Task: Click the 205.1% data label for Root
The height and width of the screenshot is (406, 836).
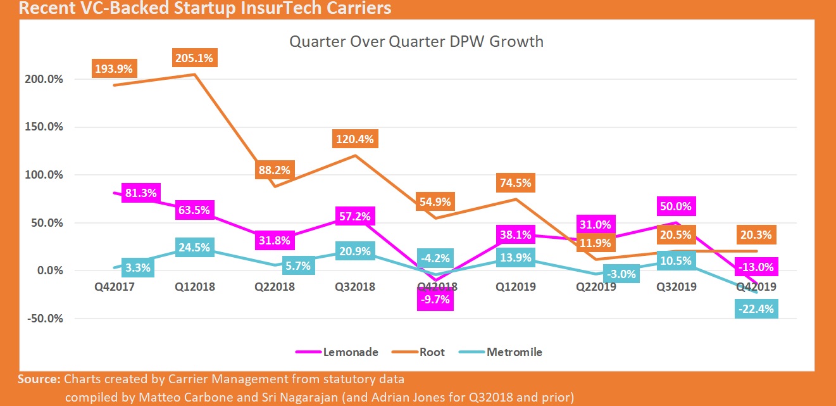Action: click(x=194, y=58)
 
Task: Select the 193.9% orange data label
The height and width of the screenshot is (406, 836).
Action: click(x=114, y=68)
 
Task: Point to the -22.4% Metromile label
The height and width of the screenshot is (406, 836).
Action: click(x=758, y=308)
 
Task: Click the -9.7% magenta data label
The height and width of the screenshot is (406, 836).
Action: click(x=435, y=300)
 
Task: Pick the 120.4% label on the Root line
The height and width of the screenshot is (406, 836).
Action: click(x=355, y=139)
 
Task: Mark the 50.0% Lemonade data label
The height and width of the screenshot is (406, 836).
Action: click(x=675, y=206)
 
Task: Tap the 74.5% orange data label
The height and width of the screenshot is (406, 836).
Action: click(x=515, y=183)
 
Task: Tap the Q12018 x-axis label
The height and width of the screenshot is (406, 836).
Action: click(x=195, y=287)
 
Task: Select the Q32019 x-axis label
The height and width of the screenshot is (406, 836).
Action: click(x=675, y=287)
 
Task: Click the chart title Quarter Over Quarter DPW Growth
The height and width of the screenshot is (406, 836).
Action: click(x=416, y=42)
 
